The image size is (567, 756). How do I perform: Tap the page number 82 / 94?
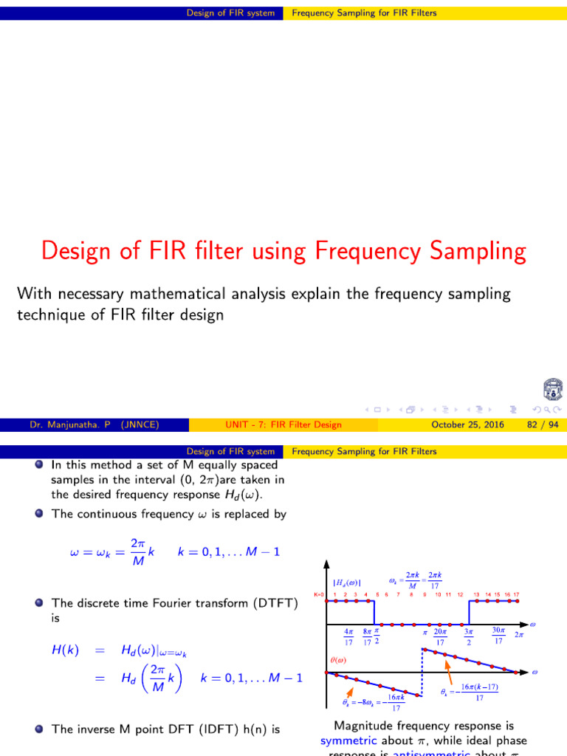[x=542, y=425]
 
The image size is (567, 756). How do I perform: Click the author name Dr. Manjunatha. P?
[x=68, y=425]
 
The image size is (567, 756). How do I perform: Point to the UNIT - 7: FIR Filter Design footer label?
[x=283, y=425]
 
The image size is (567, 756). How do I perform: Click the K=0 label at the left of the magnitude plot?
[x=318, y=594]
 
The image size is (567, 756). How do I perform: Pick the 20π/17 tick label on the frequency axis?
[x=440, y=637]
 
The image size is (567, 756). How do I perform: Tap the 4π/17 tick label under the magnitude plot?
[x=348, y=637]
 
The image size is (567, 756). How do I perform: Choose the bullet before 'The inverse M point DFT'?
[x=38, y=729]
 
